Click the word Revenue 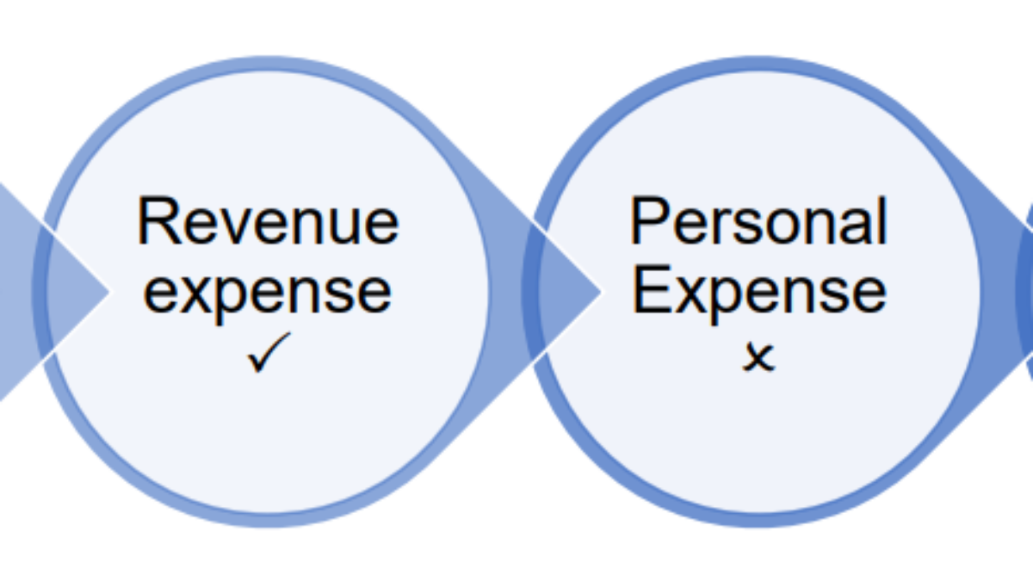pos(268,221)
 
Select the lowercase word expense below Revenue pos(268,293)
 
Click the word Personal pos(758,221)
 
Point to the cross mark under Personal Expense pos(758,355)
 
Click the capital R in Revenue pos(156,221)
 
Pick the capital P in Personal pos(647,221)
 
